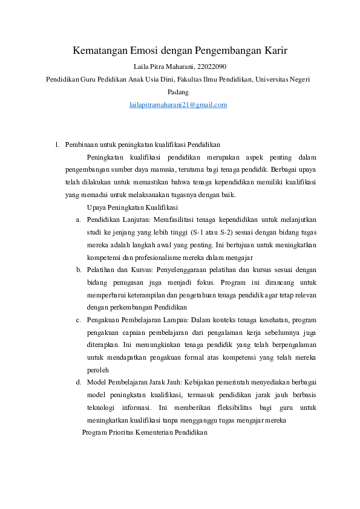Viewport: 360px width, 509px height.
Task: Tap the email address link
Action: click(178, 105)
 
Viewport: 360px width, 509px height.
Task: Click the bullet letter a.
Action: click(79, 219)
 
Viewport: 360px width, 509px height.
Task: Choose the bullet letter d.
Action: click(79, 382)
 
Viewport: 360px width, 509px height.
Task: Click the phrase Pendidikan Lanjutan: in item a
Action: click(117, 219)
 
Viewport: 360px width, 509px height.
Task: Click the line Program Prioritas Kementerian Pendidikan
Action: click(145, 433)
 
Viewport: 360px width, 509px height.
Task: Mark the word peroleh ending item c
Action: click(97, 370)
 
